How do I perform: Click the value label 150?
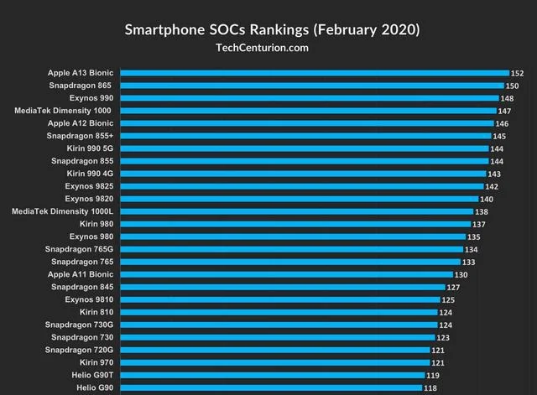point(512,86)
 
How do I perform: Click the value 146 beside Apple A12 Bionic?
point(503,123)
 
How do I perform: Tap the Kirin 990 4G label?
point(89,174)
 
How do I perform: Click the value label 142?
point(492,186)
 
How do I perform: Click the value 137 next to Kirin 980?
point(479,224)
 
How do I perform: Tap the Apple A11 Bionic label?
point(81,274)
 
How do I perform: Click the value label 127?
point(453,287)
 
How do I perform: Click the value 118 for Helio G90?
point(430,387)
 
